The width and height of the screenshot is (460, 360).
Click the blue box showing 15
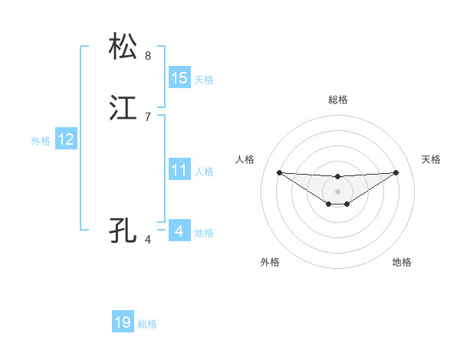pos(179,78)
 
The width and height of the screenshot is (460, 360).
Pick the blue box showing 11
pos(179,170)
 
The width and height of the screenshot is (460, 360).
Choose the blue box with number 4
pos(179,231)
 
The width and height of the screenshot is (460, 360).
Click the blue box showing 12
pos(66,139)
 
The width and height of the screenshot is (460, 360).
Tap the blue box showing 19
pos(123,322)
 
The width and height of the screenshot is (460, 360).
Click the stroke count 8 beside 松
pos(148,56)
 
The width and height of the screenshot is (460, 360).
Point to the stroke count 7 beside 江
pos(148,117)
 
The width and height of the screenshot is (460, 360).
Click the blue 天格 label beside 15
pos(204,79)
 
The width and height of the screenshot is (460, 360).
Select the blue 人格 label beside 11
pos(204,172)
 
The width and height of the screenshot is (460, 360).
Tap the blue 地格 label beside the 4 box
pos(204,232)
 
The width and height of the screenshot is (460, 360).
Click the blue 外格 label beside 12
pos(41,141)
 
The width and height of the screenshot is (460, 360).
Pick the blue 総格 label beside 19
pos(147,324)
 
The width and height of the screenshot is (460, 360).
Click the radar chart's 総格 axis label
pos(338,100)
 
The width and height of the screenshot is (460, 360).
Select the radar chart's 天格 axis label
pos(431,159)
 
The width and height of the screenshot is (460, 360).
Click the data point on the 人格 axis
pos(279,172)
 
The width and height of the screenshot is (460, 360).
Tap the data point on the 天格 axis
pos(396,172)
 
